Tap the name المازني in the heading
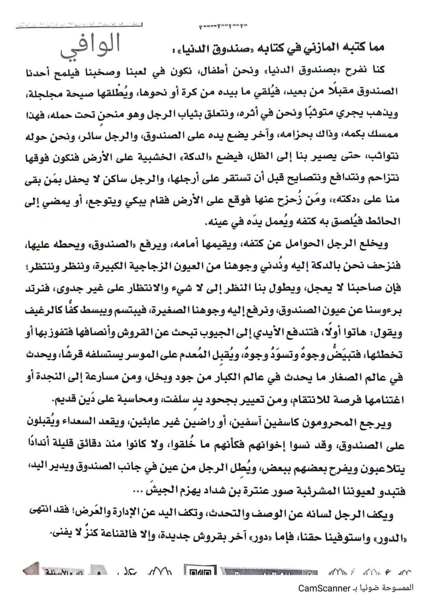pos(334,48)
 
